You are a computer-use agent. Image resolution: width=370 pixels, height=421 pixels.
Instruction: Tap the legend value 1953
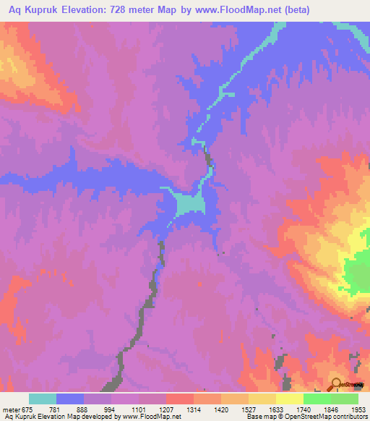pos(349,409)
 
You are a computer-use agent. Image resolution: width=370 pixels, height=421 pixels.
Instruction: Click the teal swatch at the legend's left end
pos(43,399)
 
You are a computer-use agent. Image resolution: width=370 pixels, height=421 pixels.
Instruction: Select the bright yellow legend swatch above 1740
pos(289,399)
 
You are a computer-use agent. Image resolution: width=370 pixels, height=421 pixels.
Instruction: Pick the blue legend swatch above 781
pos(70,399)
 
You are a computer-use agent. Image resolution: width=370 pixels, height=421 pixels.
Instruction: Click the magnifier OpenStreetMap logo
pos(336,384)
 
